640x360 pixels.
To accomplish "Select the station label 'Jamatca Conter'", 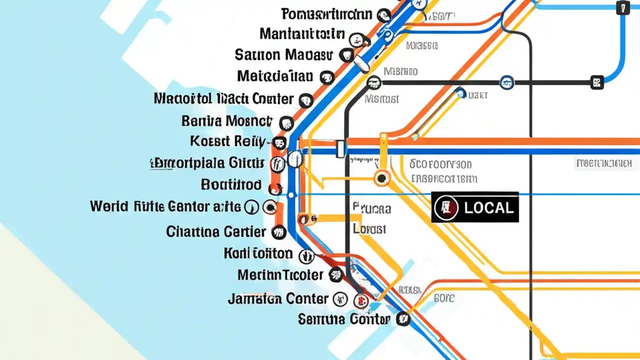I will tap(278, 299).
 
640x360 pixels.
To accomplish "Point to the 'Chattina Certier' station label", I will tap(216, 232).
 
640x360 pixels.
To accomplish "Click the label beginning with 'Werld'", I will tap(165, 206).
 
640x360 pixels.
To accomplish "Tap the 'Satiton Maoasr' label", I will tap(283, 54).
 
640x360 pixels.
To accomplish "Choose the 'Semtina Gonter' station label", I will tap(343, 318).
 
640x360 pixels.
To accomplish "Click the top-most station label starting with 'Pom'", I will tap(327, 14).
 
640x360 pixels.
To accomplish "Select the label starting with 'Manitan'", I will tap(302, 34).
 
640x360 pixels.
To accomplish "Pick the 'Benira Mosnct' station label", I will tap(227, 121).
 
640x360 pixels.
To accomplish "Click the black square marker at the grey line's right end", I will tap(596, 82).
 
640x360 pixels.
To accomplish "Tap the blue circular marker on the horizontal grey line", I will tap(506, 82).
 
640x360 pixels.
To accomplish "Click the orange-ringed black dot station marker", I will tap(382, 178).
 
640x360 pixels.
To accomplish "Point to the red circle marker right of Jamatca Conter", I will tap(360, 300).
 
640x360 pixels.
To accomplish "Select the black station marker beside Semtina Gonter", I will tap(403, 319).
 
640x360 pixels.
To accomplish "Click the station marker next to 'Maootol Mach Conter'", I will tap(305, 100).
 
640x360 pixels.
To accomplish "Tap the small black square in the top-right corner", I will tap(623, 8).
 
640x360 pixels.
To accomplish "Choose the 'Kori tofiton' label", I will tap(258, 253).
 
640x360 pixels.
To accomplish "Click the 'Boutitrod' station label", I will tap(231, 185).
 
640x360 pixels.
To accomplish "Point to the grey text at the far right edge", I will tap(604, 163).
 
